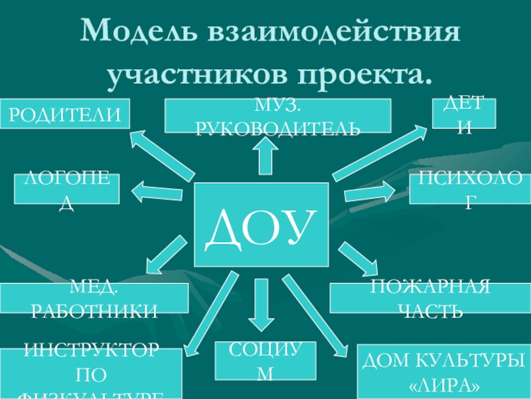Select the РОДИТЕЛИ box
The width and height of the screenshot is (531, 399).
coord(64,114)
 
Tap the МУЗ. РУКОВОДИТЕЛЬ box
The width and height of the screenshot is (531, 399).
coord(277,115)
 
